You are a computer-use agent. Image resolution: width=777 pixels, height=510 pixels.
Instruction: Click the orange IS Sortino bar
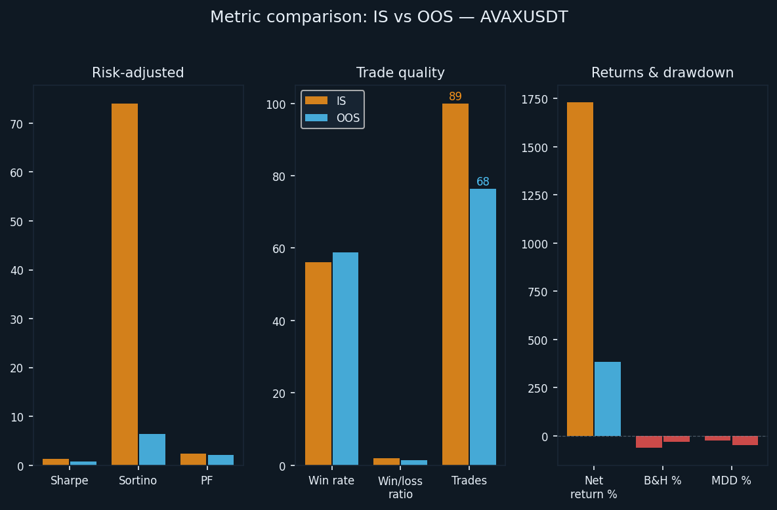125,284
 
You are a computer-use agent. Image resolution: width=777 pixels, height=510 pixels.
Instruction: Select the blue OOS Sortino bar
152,450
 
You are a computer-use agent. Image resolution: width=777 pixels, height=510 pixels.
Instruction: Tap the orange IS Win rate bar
318,364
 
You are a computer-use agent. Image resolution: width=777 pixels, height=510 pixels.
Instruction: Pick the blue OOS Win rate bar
345,359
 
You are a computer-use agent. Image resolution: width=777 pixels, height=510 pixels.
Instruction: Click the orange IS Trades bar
455,284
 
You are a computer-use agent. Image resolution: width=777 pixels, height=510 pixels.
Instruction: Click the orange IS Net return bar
580,269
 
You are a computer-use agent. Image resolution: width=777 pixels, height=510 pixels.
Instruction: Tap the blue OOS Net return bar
608,399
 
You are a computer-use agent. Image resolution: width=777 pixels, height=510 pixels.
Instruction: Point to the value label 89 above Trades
455,96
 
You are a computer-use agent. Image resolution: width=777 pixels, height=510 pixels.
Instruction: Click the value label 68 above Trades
483,182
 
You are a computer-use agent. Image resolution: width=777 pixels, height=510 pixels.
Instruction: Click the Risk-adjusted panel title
138,73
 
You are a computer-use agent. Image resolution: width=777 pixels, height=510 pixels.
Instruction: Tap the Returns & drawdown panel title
662,73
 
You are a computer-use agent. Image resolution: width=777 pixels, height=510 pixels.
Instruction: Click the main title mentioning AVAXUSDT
388,17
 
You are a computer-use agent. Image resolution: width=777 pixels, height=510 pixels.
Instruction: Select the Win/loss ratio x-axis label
400,488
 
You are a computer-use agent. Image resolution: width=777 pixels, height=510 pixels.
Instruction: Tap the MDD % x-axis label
731,481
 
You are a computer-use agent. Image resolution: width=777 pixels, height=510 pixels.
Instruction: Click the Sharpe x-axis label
70,481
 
